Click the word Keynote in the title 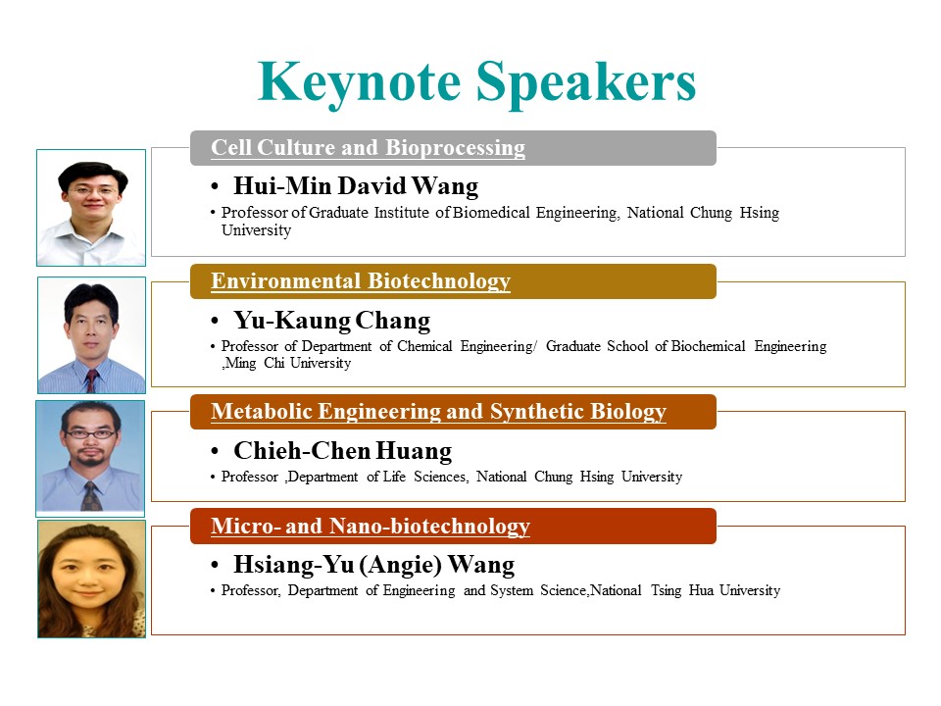(360, 82)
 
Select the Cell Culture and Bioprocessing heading (368, 148)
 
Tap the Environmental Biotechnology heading (361, 281)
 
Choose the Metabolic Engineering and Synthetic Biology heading (439, 411)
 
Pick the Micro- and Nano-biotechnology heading (371, 526)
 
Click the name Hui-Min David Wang (356, 185)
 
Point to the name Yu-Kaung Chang (332, 320)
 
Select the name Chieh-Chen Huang (343, 450)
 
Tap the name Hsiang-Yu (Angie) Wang (373, 565)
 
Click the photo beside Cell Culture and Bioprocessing (91, 208)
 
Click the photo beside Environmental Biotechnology (92, 335)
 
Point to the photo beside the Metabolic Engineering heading (90, 459)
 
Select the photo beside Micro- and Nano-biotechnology (92, 579)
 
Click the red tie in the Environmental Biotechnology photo (91, 381)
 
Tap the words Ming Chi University (288, 363)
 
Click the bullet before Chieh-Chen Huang (215, 451)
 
